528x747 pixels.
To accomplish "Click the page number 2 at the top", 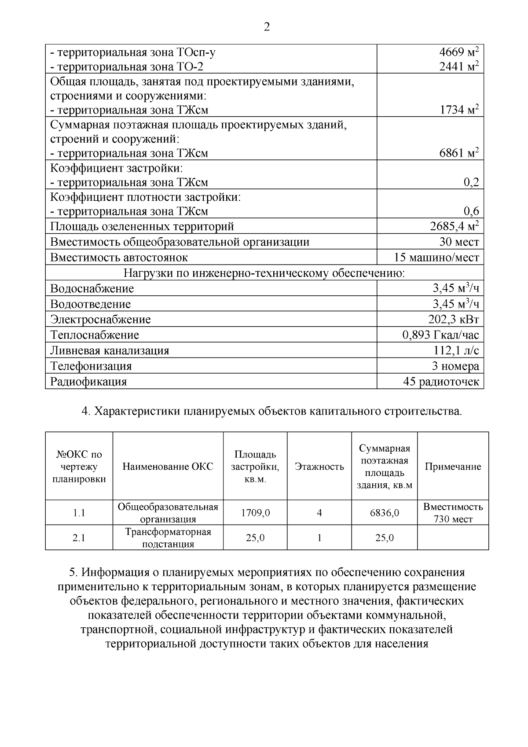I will (267, 27).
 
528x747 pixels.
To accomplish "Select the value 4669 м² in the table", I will (458, 52).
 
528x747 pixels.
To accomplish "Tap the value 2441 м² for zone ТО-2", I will (458, 66).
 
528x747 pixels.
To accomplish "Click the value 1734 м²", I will (458, 110).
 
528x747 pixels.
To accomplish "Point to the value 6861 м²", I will (458, 153).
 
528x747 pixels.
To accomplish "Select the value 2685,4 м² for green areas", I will (454, 226).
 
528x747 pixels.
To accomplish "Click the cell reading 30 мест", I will (459, 242).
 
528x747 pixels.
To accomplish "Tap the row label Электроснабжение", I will (100, 320).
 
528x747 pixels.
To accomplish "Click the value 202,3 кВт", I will (453, 320).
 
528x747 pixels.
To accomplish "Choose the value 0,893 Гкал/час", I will (440, 335).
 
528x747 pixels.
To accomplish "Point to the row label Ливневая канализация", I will (110, 350).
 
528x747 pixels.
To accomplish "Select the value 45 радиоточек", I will (441, 382).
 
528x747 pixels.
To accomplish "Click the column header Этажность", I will (319, 467).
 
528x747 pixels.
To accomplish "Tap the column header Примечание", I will (453, 467).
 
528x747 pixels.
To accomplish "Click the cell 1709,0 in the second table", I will (255, 513).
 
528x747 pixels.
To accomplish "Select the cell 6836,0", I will (384, 513).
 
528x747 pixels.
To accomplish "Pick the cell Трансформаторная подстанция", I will (168, 537).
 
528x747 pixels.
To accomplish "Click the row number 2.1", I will (79, 538).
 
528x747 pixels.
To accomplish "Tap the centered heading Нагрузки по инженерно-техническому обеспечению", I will (264, 273).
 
